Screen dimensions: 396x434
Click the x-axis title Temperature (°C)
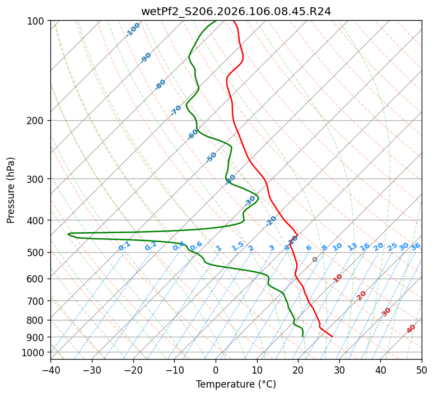[236, 384]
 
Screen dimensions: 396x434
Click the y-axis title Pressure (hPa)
[11, 190]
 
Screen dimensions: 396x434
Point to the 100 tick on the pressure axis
[37, 21]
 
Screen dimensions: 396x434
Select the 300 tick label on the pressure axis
[37, 179]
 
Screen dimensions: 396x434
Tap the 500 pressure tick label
[37, 253]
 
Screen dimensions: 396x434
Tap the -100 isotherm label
[133, 29]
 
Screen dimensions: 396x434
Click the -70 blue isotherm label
[176, 110]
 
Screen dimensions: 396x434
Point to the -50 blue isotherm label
[211, 157]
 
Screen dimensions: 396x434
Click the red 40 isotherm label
[411, 329]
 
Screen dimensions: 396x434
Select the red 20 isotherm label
[362, 295]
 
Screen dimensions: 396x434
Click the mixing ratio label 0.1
[124, 246]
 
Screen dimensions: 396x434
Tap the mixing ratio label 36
[416, 246]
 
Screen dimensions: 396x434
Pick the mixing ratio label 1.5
[237, 246]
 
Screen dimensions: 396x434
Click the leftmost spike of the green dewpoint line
[68, 234]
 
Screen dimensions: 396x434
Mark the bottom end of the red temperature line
[332, 336]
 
